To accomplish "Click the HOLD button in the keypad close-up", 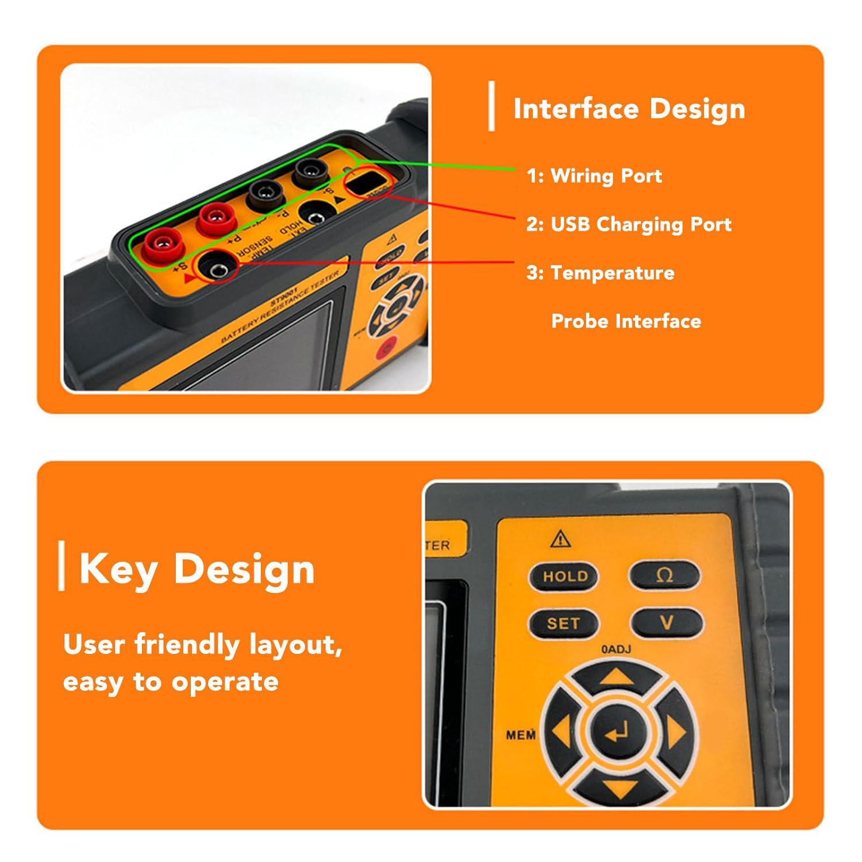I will [564, 576].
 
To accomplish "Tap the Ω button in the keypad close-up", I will [665, 575].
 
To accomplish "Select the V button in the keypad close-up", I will [667, 622].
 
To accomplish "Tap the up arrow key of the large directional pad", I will [617, 679].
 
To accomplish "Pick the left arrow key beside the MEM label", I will [562, 733].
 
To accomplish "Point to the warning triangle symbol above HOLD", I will [560, 539].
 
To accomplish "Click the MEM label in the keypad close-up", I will [521, 735].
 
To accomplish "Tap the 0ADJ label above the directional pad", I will [615, 649].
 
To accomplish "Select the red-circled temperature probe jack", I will [217, 268].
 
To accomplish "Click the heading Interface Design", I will [629, 109].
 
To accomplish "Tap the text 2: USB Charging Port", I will [629, 224].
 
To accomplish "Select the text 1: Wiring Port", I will [594, 176].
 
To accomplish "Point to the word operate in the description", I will [225, 682].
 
